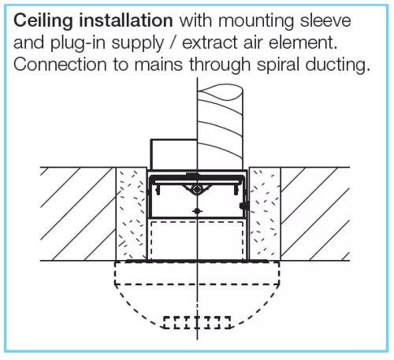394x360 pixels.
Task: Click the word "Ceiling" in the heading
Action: pyautogui.click(x=43, y=21)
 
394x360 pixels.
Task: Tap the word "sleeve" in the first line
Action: pyautogui.click(x=325, y=20)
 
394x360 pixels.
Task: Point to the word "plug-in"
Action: pyautogui.click(x=78, y=43)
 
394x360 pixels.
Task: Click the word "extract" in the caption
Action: pyautogui.click(x=210, y=43)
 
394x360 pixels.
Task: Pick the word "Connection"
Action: pyautogui.click(x=60, y=65)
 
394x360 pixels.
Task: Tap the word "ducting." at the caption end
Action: pyautogui.click(x=338, y=65)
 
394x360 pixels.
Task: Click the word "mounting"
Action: pyautogui.click(x=256, y=21)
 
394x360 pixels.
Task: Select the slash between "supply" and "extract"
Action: pyautogui.click(x=173, y=43)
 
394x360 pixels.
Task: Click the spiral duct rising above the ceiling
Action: pyautogui.click(x=220, y=126)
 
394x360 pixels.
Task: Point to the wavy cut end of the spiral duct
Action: pyautogui.click(x=220, y=92)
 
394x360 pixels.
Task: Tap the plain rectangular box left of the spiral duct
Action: pyautogui.click(x=173, y=154)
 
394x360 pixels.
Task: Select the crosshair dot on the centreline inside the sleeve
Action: pyautogui.click(x=197, y=211)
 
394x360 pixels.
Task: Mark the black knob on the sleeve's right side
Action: pyautogui.click(x=244, y=206)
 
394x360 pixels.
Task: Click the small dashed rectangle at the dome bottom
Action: pyautogui.click(x=197, y=323)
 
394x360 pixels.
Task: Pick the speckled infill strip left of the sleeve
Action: pyautogui.click(x=132, y=214)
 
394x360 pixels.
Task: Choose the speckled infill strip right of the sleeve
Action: pyautogui.click(x=265, y=214)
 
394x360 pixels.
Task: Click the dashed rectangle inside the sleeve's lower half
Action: pyautogui.click(x=197, y=241)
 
